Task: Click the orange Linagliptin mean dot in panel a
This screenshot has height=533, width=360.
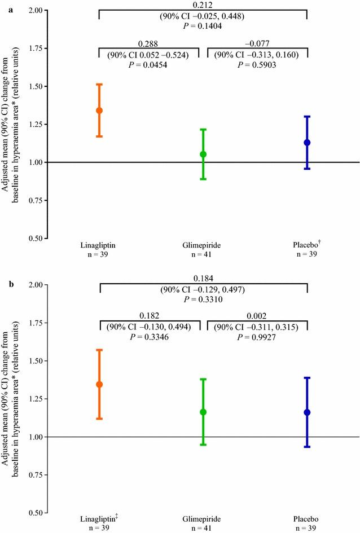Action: pos(99,111)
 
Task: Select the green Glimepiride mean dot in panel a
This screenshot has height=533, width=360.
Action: pos(203,154)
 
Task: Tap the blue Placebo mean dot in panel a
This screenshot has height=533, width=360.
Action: pos(307,143)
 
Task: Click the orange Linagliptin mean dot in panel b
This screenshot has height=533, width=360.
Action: pos(99,385)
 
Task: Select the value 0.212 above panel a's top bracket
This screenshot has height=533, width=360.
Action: pos(203,5)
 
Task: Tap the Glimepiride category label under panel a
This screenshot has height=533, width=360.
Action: pos(203,245)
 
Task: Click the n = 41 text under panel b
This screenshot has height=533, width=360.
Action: pos(203,529)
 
